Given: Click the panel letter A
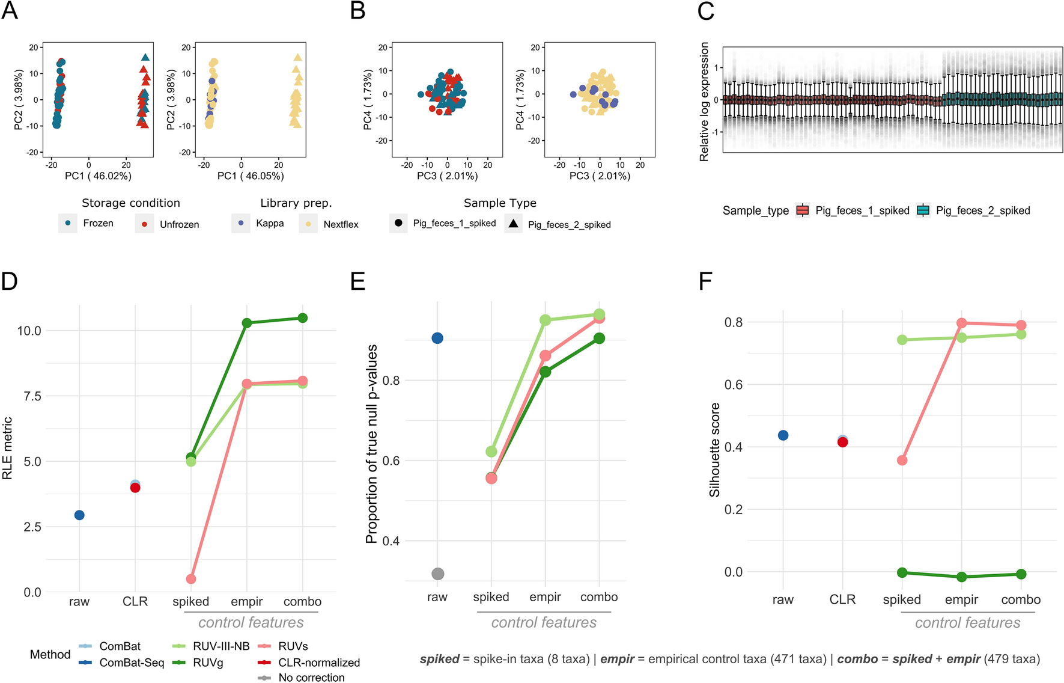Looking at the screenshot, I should click(10, 11).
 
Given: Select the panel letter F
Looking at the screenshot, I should click(705, 281).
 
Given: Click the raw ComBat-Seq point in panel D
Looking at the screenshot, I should click(79, 515).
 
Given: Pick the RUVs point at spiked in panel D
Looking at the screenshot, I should click(191, 579).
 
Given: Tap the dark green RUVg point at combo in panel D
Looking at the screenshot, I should click(303, 318).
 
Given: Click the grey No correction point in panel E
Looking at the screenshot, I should click(438, 574).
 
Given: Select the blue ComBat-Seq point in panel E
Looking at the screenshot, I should click(437, 338).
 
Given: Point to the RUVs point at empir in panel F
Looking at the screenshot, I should click(961, 323).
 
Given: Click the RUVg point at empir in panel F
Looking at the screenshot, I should click(961, 577).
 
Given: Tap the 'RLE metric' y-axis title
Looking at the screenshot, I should click(8, 449).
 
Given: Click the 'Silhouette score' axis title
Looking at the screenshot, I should click(714, 450).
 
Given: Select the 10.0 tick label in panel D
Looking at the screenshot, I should click(29, 331).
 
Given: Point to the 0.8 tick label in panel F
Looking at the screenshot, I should click(733, 322).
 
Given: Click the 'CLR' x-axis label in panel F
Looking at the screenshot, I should click(842, 599).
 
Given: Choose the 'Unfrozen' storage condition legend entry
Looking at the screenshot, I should click(179, 224).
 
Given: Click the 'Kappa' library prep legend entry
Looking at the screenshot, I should click(270, 224).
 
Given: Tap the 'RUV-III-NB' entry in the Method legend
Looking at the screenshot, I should click(220, 646).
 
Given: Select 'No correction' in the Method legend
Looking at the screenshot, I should click(311, 678).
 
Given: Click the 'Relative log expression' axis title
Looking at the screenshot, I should click(704, 102).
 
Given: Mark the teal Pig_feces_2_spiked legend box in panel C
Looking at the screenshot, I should click(923, 210).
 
